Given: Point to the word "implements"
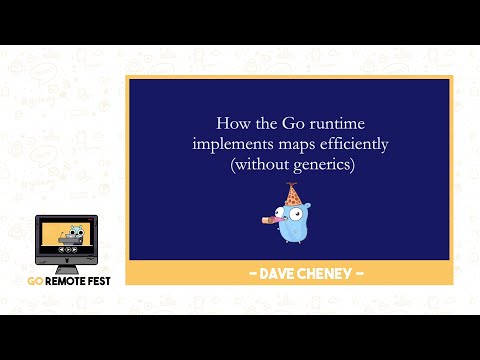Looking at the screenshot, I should (231, 144).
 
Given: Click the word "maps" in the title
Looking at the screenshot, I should (295, 144).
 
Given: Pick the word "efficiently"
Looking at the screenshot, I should (351, 144).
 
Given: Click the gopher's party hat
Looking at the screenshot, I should (292, 194).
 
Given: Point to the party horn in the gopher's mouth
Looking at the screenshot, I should (268, 214).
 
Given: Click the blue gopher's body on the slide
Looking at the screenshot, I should (291, 228).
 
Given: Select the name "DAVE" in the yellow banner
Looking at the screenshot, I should (264, 273).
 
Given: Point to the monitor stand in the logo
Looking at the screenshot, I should (70, 267).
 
